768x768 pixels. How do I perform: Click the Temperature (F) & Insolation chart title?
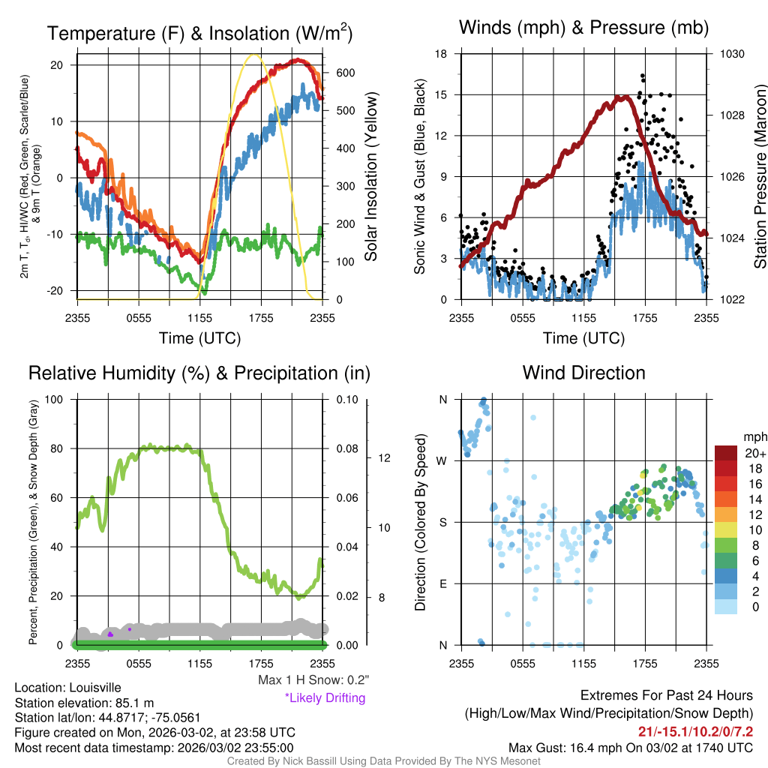coord(199,34)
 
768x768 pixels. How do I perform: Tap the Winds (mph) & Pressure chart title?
coord(583,28)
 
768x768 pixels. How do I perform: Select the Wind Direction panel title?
coord(583,373)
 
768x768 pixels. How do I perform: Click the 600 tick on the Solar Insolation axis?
coord(344,73)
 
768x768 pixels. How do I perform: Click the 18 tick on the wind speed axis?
coord(442,54)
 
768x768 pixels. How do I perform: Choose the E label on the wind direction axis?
coord(443,583)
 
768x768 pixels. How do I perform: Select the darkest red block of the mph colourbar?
coord(727,453)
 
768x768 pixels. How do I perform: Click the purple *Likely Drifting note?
coord(325,698)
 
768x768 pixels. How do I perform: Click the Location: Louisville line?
coord(67,688)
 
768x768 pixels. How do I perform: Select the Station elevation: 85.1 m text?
coord(84,703)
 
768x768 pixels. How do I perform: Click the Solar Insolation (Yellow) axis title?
coord(371,177)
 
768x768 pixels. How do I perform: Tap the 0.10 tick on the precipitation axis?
coord(346,399)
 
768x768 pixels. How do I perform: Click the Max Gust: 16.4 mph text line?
coord(631,747)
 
